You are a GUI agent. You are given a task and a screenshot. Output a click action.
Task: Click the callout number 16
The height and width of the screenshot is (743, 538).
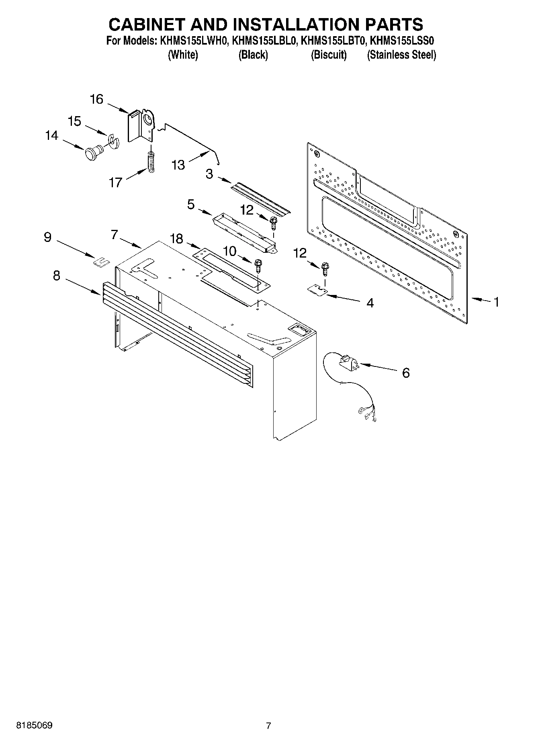pyautogui.click(x=96, y=99)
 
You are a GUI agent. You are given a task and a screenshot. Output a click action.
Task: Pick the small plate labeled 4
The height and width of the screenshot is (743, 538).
pyautogui.click(x=316, y=291)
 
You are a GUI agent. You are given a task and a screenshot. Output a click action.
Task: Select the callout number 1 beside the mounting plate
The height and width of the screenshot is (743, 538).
pyautogui.click(x=496, y=302)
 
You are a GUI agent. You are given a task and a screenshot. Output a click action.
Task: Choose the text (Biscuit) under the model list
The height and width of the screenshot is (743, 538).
pyautogui.click(x=329, y=55)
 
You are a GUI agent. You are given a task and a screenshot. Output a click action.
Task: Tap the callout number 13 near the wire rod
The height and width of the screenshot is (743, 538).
pyautogui.click(x=178, y=165)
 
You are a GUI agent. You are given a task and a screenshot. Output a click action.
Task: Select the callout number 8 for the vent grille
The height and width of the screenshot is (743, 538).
pyautogui.click(x=57, y=275)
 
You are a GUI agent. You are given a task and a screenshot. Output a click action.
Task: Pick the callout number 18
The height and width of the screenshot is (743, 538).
pyautogui.click(x=176, y=239)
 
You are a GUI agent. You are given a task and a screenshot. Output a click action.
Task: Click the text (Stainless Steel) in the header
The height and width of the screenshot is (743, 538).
pyautogui.click(x=401, y=55)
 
